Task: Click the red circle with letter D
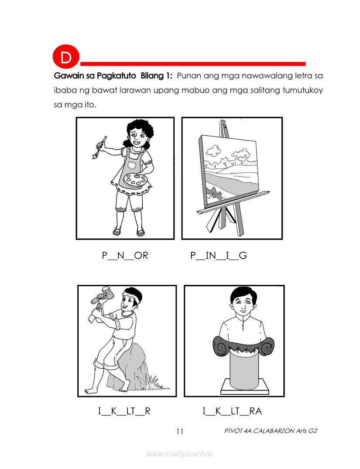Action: tap(66, 57)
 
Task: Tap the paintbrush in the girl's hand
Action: tap(99, 147)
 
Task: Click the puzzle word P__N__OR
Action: tap(125, 255)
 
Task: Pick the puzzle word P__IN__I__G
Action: tap(219, 255)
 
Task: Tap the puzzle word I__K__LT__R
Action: tap(124, 411)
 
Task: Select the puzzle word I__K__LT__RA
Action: tap(232, 411)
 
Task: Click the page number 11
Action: tap(180, 431)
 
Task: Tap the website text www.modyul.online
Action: tap(179, 454)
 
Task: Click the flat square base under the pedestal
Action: tap(245, 387)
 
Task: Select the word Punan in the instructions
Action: tap(189, 75)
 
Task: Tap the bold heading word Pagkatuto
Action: tap(117, 76)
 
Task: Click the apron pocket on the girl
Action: tap(131, 165)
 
